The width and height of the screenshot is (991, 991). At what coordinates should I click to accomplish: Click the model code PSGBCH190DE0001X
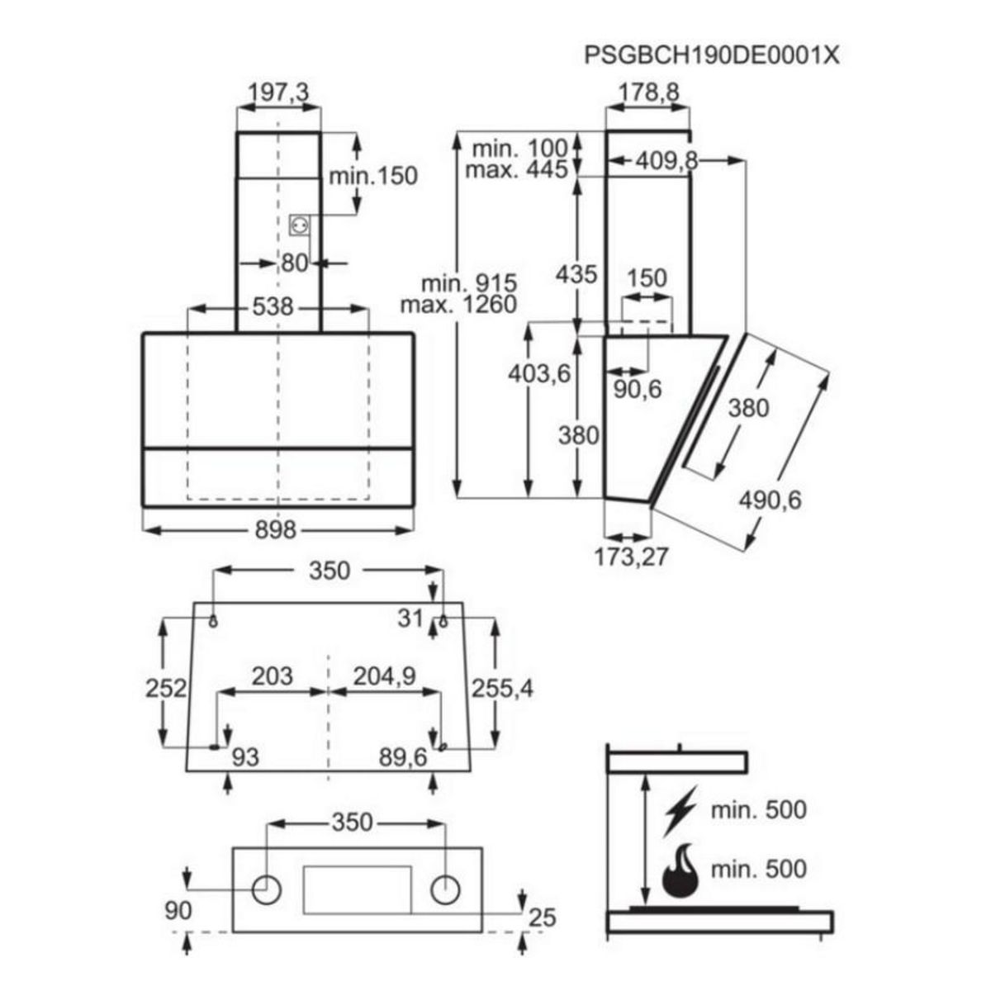(711, 55)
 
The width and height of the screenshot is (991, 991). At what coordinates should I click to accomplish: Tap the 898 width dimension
(276, 529)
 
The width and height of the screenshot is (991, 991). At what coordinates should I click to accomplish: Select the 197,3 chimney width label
(278, 93)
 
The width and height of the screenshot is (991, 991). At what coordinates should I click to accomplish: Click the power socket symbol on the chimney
(299, 225)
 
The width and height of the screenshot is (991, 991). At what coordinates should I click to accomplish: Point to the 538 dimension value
(273, 307)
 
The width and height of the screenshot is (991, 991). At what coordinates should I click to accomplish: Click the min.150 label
(373, 177)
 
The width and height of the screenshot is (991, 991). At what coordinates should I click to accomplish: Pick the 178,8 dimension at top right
(648, 93)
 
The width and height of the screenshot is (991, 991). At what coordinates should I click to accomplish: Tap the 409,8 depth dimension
(666, 162)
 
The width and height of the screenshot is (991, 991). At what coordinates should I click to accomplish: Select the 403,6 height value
(539, 374)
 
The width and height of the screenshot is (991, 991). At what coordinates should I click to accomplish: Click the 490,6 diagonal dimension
(770, 500)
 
